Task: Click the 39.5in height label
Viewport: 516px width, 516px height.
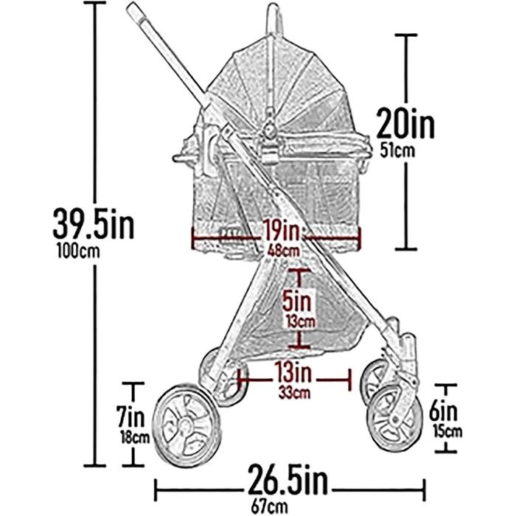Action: tap(94, 223)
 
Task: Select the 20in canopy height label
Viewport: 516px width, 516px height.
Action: tap(405, 122)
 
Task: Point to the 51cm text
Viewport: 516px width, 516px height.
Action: tap(397, 150)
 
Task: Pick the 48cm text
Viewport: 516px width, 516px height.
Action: tap(283, 251)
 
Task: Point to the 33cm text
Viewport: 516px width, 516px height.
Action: tap(294, 393)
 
